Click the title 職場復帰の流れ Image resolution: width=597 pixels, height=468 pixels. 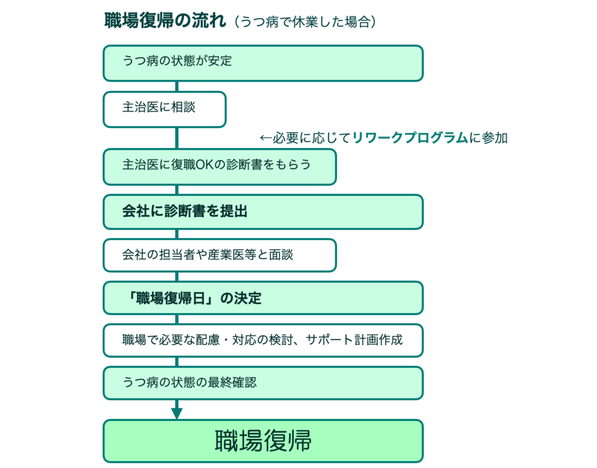coord(164,21)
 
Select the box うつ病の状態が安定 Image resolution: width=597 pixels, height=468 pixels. coord(262,63)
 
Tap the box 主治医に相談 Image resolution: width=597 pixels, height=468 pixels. coord(164,109)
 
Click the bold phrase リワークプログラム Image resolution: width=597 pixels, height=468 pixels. coord(410,138)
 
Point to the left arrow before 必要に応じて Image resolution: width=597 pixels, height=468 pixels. coord(265,138)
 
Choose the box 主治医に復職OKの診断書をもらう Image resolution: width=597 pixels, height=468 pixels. coord(219,166)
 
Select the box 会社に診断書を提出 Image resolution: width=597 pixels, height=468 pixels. coord(262,211)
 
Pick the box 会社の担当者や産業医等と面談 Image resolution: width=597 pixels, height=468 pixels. coord(219,255)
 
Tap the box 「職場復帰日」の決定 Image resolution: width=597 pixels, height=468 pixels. coord(262,298)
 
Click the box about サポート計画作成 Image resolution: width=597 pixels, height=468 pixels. coord(262,340)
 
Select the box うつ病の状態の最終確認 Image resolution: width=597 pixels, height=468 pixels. coord(262,383)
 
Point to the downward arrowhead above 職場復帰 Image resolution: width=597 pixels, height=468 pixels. coord(177,413)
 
